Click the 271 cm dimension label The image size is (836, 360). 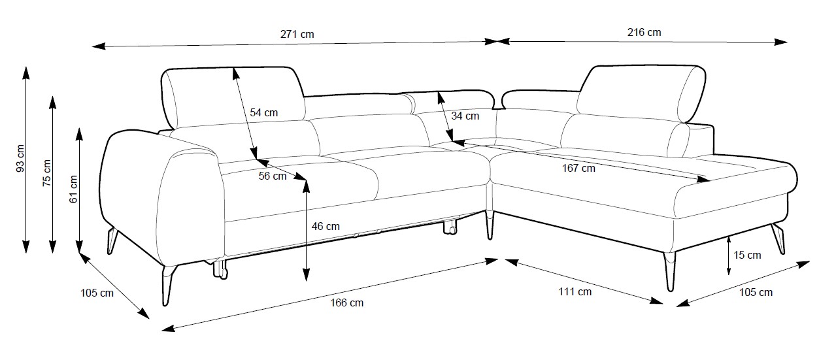(297, 34)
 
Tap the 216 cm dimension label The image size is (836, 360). (644, 32)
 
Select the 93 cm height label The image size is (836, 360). (20, 158)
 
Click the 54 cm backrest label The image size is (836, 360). (263, 112)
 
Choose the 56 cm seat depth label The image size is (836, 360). (273, 176)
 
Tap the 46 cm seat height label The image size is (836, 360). (326, 226)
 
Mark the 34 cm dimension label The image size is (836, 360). (465, 116)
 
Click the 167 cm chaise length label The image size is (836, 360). (578, 168)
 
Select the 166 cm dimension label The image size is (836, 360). (347, 303)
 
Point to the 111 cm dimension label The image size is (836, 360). (575, 291)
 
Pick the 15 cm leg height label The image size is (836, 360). (747, 255)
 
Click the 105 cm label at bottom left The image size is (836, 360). (97, 293)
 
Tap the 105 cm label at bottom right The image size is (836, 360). (756, 292)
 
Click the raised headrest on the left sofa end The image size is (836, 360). (232, 95)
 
